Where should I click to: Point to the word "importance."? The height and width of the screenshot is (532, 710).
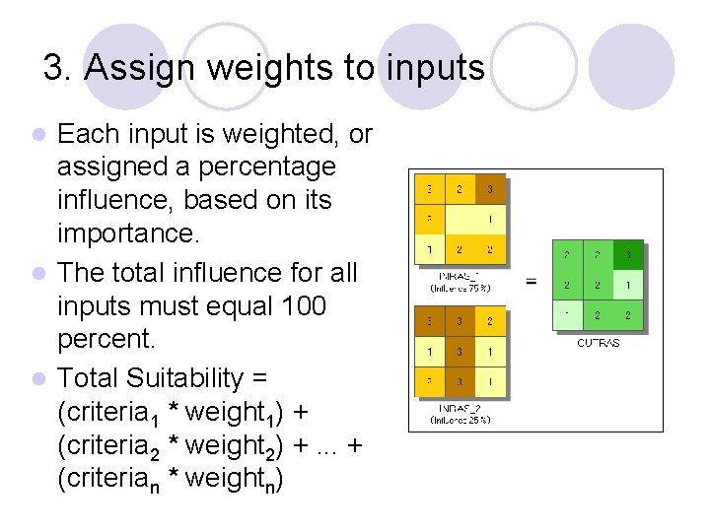[x=127, y=234]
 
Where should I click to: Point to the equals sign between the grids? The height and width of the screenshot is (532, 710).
[x=532, y=282]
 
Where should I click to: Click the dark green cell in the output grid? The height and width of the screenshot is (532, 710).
[x=626, y=255]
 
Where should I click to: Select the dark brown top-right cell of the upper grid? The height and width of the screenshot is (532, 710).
[x=489, y=188]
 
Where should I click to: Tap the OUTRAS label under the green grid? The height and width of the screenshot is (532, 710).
[x=597, y=343]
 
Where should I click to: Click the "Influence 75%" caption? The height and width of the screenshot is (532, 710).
[x=460, y=288]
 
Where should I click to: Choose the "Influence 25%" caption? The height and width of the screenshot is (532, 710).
[x=460, y=419]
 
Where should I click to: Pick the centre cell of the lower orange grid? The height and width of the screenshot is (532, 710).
[x=460, y=350]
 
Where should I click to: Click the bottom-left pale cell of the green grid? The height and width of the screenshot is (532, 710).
[x=567, y=315]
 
